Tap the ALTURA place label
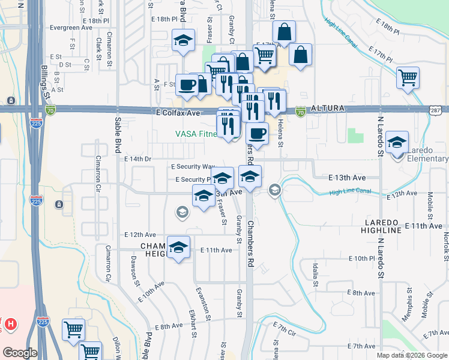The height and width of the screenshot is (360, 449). click(x=327, y=109)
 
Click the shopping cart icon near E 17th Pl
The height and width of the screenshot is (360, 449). click(x=408, y=78)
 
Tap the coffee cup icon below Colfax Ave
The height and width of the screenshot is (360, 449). click(x=257, y=134)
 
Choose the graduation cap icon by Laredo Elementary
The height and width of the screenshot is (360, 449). click(x=397, y=143)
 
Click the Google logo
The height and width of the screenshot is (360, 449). click(x=19, y=352)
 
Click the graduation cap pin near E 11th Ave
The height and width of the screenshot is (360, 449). click(x=178, y=248)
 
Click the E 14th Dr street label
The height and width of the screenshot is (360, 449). click(x=138, y=158)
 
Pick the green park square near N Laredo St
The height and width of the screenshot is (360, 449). click(x=355, y=135)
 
